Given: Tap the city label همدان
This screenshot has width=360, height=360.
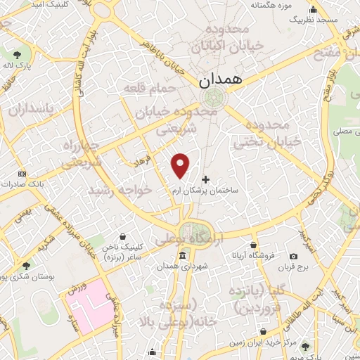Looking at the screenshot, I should coord(221,81).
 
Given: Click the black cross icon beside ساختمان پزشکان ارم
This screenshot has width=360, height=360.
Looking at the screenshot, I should coord(205,180).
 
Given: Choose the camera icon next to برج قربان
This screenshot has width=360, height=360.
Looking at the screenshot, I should coord(293,256).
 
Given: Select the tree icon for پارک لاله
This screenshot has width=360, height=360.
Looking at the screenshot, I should coord(16,53).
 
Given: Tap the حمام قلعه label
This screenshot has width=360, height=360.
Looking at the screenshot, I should coord(143,88).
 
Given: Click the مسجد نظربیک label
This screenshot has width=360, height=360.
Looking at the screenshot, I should coord(314,19).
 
